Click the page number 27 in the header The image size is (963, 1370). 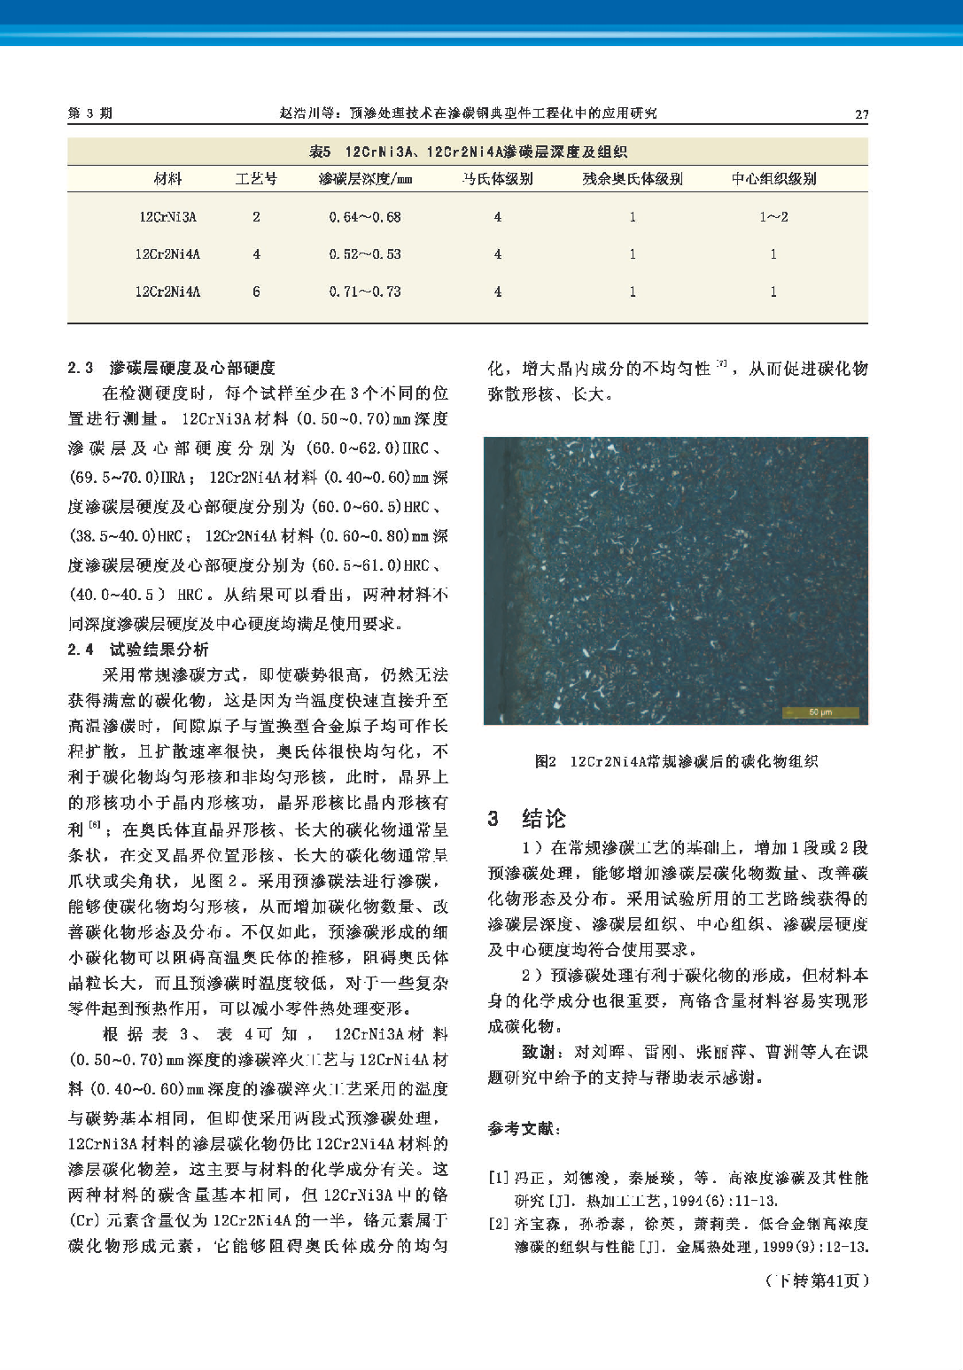(860, 113)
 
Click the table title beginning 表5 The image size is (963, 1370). (468, 152)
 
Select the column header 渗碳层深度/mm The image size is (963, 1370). (365, 179)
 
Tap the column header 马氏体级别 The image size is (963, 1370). (497, 179)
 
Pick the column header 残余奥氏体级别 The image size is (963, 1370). (632, 179)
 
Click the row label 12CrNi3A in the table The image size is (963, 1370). (167, 217)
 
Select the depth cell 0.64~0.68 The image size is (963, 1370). (365, 217)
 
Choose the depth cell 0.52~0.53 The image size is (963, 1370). (365, 254)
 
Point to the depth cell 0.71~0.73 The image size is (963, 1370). (365, 292)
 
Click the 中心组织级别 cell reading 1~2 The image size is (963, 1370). (773, 217)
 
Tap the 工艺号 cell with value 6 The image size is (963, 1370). (256, 292)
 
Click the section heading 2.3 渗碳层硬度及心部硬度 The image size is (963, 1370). (171, 368)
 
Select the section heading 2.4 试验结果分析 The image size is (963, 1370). (138, 650)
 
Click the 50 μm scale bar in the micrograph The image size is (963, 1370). (820, 712)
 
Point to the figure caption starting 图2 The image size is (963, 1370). (675, 761)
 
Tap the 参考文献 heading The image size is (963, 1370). (524, 1129)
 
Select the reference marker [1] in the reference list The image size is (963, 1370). (498, 1178)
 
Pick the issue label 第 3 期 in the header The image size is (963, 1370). (89, 113)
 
